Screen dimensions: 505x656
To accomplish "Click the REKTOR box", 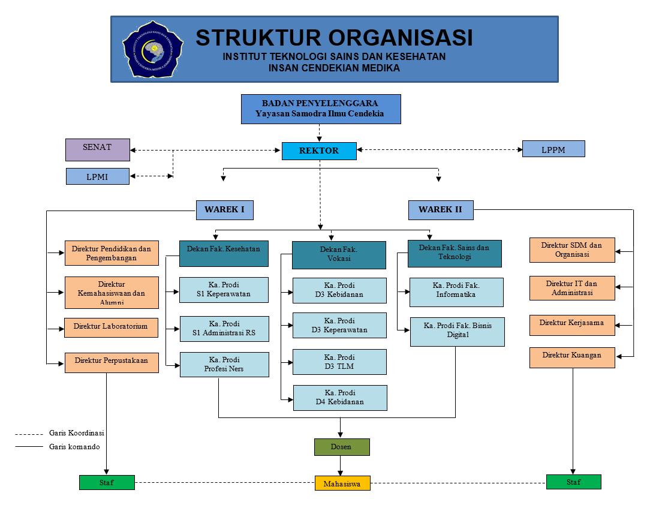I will coord(319,151).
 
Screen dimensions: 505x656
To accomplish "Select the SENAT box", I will coord(97,149).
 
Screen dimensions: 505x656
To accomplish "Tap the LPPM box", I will coord(553,149).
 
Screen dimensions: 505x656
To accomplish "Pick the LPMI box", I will coord(97,176).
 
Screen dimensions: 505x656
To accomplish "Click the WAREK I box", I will coord(224,210).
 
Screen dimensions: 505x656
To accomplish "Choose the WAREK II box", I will coord(441,210).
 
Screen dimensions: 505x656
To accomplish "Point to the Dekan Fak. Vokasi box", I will coord(339,254).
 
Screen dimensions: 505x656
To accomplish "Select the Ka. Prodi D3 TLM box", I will coord(339,362).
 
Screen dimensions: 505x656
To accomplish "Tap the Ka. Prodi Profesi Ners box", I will coord(224,364).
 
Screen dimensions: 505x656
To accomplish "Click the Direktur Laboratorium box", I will coord(111,327).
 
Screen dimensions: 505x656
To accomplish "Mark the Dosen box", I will coord(341,447).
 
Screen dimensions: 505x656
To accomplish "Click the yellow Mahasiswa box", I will coord(342,483).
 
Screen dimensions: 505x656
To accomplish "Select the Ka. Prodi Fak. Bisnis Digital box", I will coord(457,332).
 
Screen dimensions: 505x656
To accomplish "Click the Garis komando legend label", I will coord(74,447).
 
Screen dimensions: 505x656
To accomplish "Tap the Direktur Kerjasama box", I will coord(572,324).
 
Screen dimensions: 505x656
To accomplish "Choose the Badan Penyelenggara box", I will coord(320,109).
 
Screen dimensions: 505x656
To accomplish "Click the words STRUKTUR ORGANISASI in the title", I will coord(334,38).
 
